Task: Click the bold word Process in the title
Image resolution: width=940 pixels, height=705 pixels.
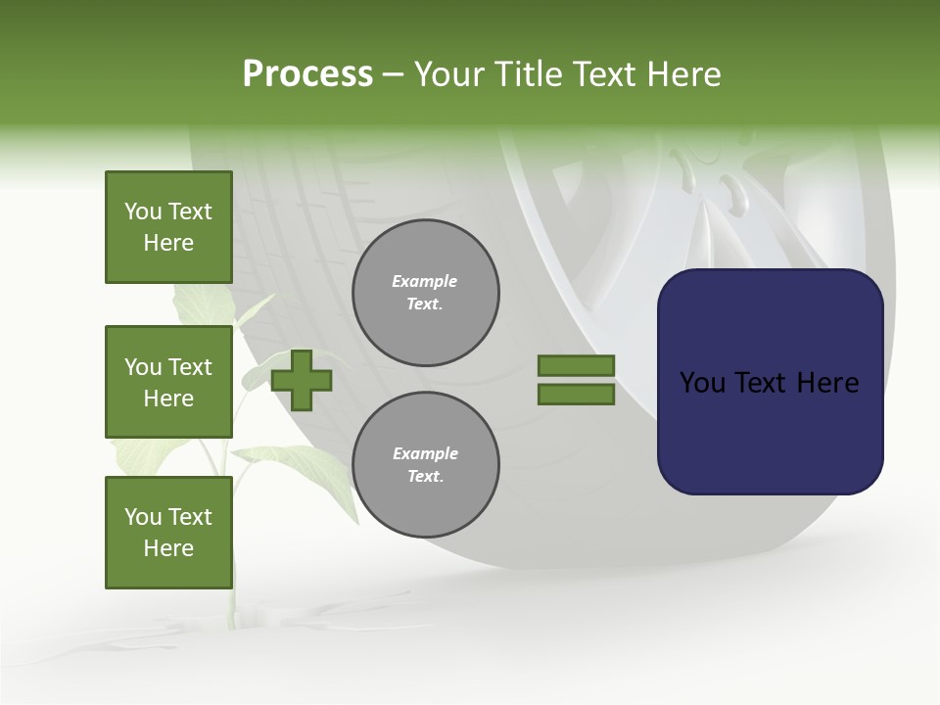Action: [x=307, y=74]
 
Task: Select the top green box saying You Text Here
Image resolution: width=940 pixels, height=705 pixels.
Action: [x=168, y=227]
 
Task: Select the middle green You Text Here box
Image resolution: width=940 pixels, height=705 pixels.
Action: [x=168, y=382]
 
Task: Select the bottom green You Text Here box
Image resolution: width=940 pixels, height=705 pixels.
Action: [x=168, y=532]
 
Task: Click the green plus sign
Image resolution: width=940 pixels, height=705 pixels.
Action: [x=302, y=380]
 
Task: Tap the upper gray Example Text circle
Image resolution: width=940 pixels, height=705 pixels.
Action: [x=425, y=293]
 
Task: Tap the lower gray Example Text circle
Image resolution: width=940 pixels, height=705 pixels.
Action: [x=425, y=465]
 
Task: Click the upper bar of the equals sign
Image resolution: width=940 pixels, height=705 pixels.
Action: [x=576, y=365]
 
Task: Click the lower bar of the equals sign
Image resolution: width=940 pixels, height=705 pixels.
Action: [x=576, y=395]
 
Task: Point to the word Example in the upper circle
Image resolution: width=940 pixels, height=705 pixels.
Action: [x=425, y=281]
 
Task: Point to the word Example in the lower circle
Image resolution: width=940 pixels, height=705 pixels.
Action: [x=425, y=453]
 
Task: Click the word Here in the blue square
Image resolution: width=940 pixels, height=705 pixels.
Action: [x=827, y=383]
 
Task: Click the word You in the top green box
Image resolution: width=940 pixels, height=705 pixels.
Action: [x=142, y=211]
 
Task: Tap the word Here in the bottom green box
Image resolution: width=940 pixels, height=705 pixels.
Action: [x=168, y=548]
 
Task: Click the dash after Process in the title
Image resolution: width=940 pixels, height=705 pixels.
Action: [x=394, y=74]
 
